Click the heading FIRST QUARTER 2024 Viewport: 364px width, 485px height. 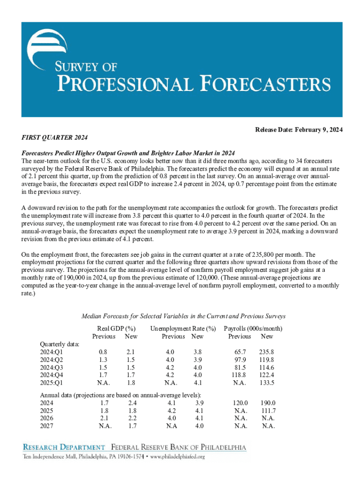(x=55, y=137)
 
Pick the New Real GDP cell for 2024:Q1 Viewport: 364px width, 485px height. (x=131, y=352)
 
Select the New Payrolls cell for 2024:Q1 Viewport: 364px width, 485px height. (x=266, y=352)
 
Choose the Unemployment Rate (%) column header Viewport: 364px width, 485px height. (x=182, y=328)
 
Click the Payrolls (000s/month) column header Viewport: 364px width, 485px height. (x=253, y=328)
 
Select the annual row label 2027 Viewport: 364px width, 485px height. (x=47, y=426)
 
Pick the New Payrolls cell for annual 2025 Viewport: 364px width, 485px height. (x=268, y=410)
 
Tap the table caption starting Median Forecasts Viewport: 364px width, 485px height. (x=183, y=316)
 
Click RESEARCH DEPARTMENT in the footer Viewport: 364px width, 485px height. (x=65, y=447)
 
